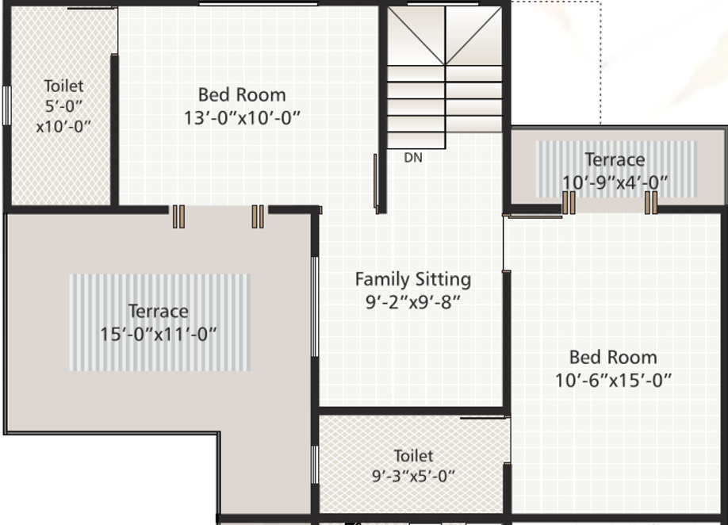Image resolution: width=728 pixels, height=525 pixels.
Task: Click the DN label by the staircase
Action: click(x=413, y=158)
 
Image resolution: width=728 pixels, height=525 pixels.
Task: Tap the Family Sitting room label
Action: click(x=412, y=279)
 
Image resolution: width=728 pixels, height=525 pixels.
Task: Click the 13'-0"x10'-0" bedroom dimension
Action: click(x=242, y=118)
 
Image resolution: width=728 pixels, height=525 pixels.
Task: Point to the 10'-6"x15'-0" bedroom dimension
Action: click(x=613, y=380)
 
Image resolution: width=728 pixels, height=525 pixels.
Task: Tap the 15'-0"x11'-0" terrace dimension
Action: click(x=159, y=334)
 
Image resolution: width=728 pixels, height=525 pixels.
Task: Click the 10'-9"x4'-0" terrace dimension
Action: click(x=615, y=182)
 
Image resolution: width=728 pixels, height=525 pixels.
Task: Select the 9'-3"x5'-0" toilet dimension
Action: click(x=414, y=477)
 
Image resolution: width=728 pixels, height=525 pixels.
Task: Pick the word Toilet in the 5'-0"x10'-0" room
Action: click(x=63, y=86)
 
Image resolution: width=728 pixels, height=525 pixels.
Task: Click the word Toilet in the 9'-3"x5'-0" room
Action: click(x=414, y=455)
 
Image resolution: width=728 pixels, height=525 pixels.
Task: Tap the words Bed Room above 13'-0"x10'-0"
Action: click(x=242, y=95)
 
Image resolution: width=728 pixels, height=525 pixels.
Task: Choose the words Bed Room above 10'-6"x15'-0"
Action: click(x=613, y=357)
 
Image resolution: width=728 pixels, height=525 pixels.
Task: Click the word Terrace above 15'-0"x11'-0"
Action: click(x=159, y=311)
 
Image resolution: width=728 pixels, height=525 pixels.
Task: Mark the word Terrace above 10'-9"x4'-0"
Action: click(x=615, y=159)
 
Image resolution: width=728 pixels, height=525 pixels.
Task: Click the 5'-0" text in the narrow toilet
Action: click(x=63, y=105)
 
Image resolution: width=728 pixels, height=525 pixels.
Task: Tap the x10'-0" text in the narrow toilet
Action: click(x=63, y=125)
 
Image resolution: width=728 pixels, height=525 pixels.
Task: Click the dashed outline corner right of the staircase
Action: click(x=600, y=2)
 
